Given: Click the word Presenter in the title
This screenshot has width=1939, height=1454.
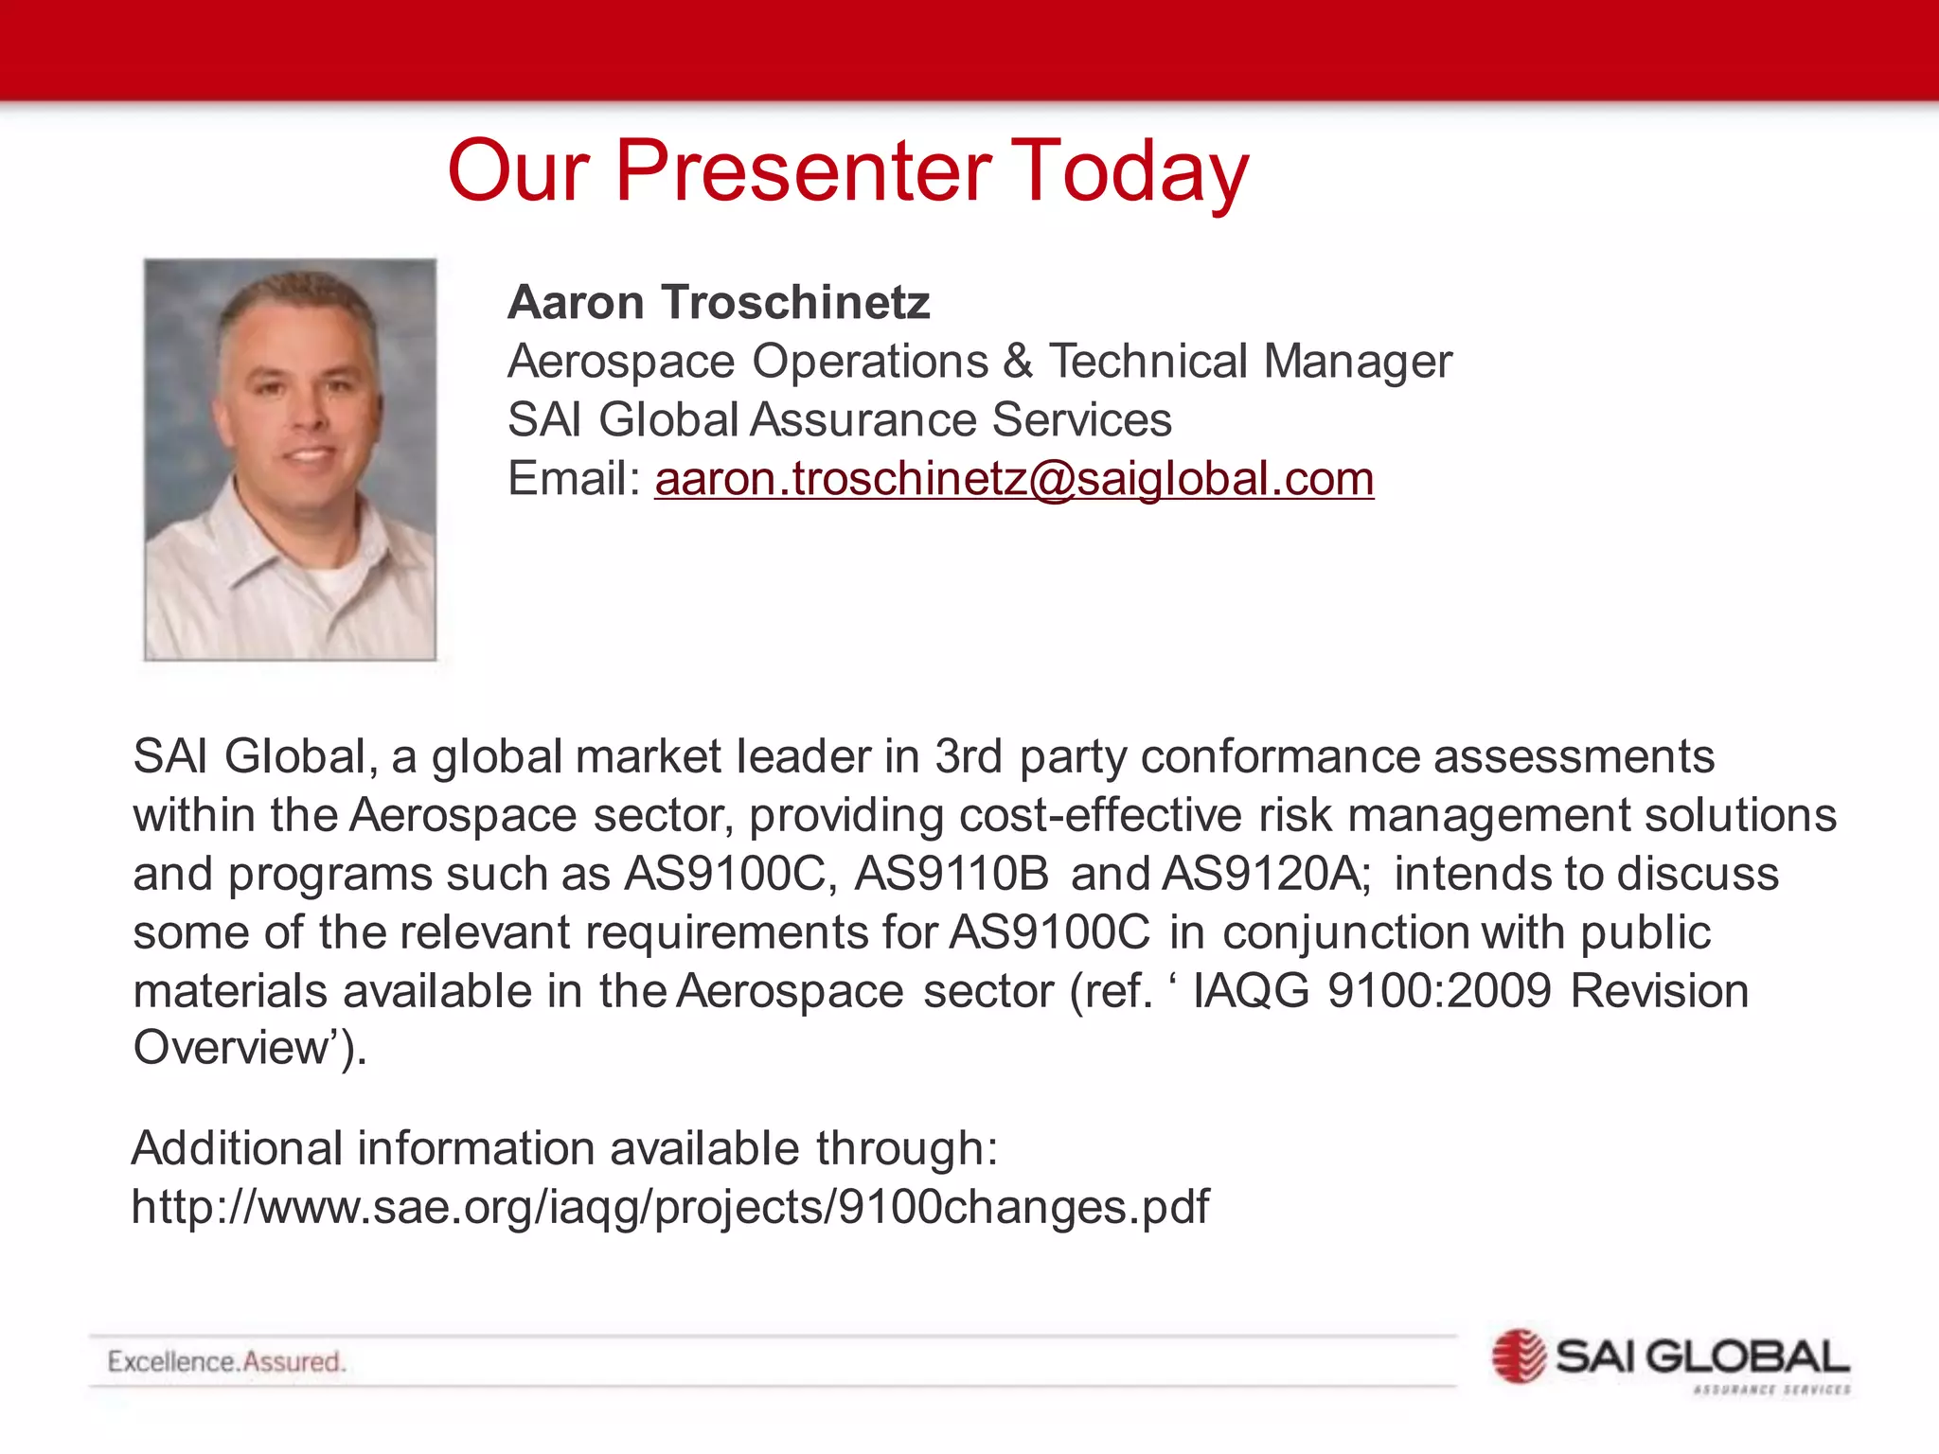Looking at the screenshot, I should (803, 171).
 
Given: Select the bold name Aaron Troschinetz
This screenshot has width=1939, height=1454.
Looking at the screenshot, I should (719, 303).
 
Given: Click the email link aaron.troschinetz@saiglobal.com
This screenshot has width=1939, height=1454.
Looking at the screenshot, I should (1014, 479).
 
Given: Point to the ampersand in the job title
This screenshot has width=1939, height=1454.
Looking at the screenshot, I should (1018, 362).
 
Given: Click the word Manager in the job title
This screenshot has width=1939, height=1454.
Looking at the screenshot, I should (1357, 362).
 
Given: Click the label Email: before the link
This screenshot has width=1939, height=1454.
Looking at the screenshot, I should (574, 479).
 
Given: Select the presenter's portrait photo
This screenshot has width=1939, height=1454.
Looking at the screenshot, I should (290, 459).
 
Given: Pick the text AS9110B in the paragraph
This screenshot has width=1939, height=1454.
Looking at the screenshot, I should (952, 874).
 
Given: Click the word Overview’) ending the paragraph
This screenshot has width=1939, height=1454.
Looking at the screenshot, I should (248, 1049).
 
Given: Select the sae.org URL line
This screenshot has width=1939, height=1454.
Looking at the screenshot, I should (669, 1208).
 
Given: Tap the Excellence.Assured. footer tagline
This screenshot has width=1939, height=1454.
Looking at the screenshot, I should (226, 1362).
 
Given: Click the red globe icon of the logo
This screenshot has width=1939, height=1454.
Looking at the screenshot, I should (1518, 1356).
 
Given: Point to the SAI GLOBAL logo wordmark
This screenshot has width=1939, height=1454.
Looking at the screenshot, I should (1701, 1356).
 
